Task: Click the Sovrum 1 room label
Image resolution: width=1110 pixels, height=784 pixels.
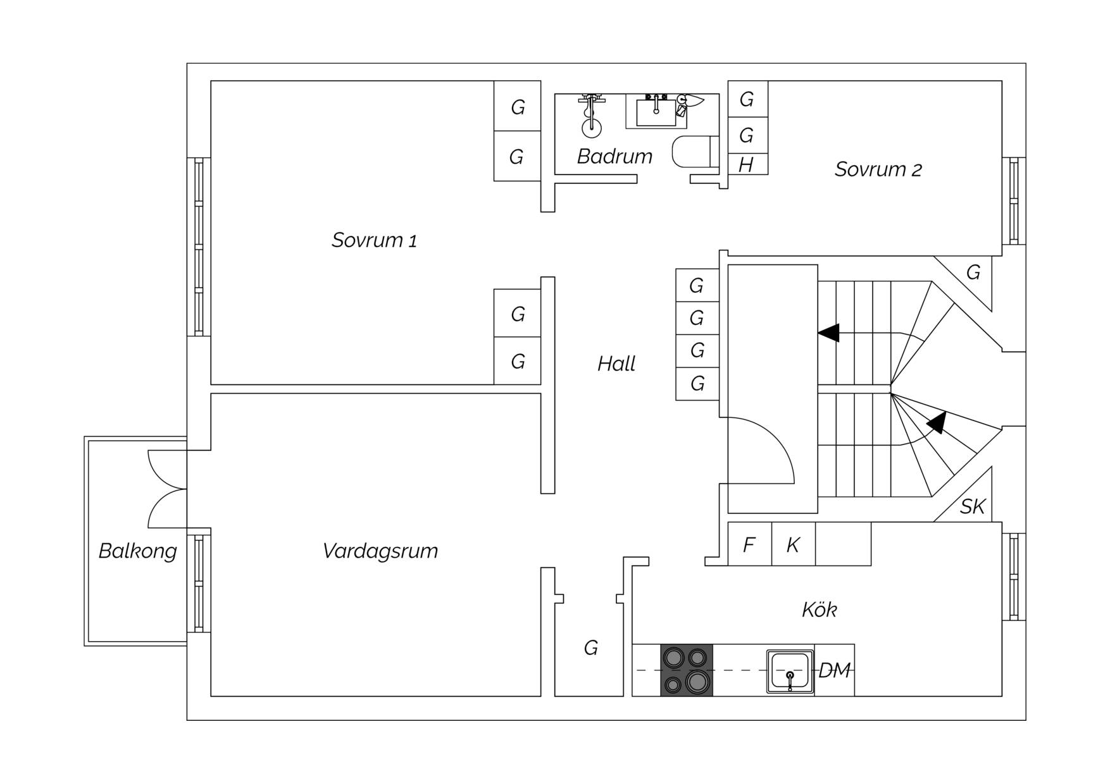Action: [374, 240]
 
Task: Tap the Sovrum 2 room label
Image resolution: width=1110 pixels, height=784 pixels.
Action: [878, 169]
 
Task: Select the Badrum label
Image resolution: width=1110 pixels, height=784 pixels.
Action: [614, 156]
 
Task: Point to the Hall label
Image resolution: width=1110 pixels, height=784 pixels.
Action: [616, 364]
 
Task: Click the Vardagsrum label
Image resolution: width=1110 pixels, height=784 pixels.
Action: [380, 551]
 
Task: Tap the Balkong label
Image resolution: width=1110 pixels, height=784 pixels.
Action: [137, 551]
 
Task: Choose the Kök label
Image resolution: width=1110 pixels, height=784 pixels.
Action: [820, 609]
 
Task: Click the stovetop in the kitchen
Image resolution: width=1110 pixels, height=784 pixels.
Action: [687, 670]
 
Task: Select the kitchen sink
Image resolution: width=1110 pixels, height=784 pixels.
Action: [790, 671]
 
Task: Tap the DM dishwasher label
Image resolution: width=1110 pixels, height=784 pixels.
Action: [835, 670]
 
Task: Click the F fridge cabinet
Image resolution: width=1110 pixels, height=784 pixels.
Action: [750, 544]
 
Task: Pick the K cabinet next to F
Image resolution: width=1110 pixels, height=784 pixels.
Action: [794, 544]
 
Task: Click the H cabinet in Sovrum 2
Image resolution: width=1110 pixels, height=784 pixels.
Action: [748, 164]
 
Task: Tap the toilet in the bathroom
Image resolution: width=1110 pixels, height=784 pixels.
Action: [695, 152]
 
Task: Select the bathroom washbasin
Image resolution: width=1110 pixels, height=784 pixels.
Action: [656, 112]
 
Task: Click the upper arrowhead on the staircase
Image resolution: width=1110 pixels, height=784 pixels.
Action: [828, 333]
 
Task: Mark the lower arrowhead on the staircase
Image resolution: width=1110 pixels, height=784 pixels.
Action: [937, 422]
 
